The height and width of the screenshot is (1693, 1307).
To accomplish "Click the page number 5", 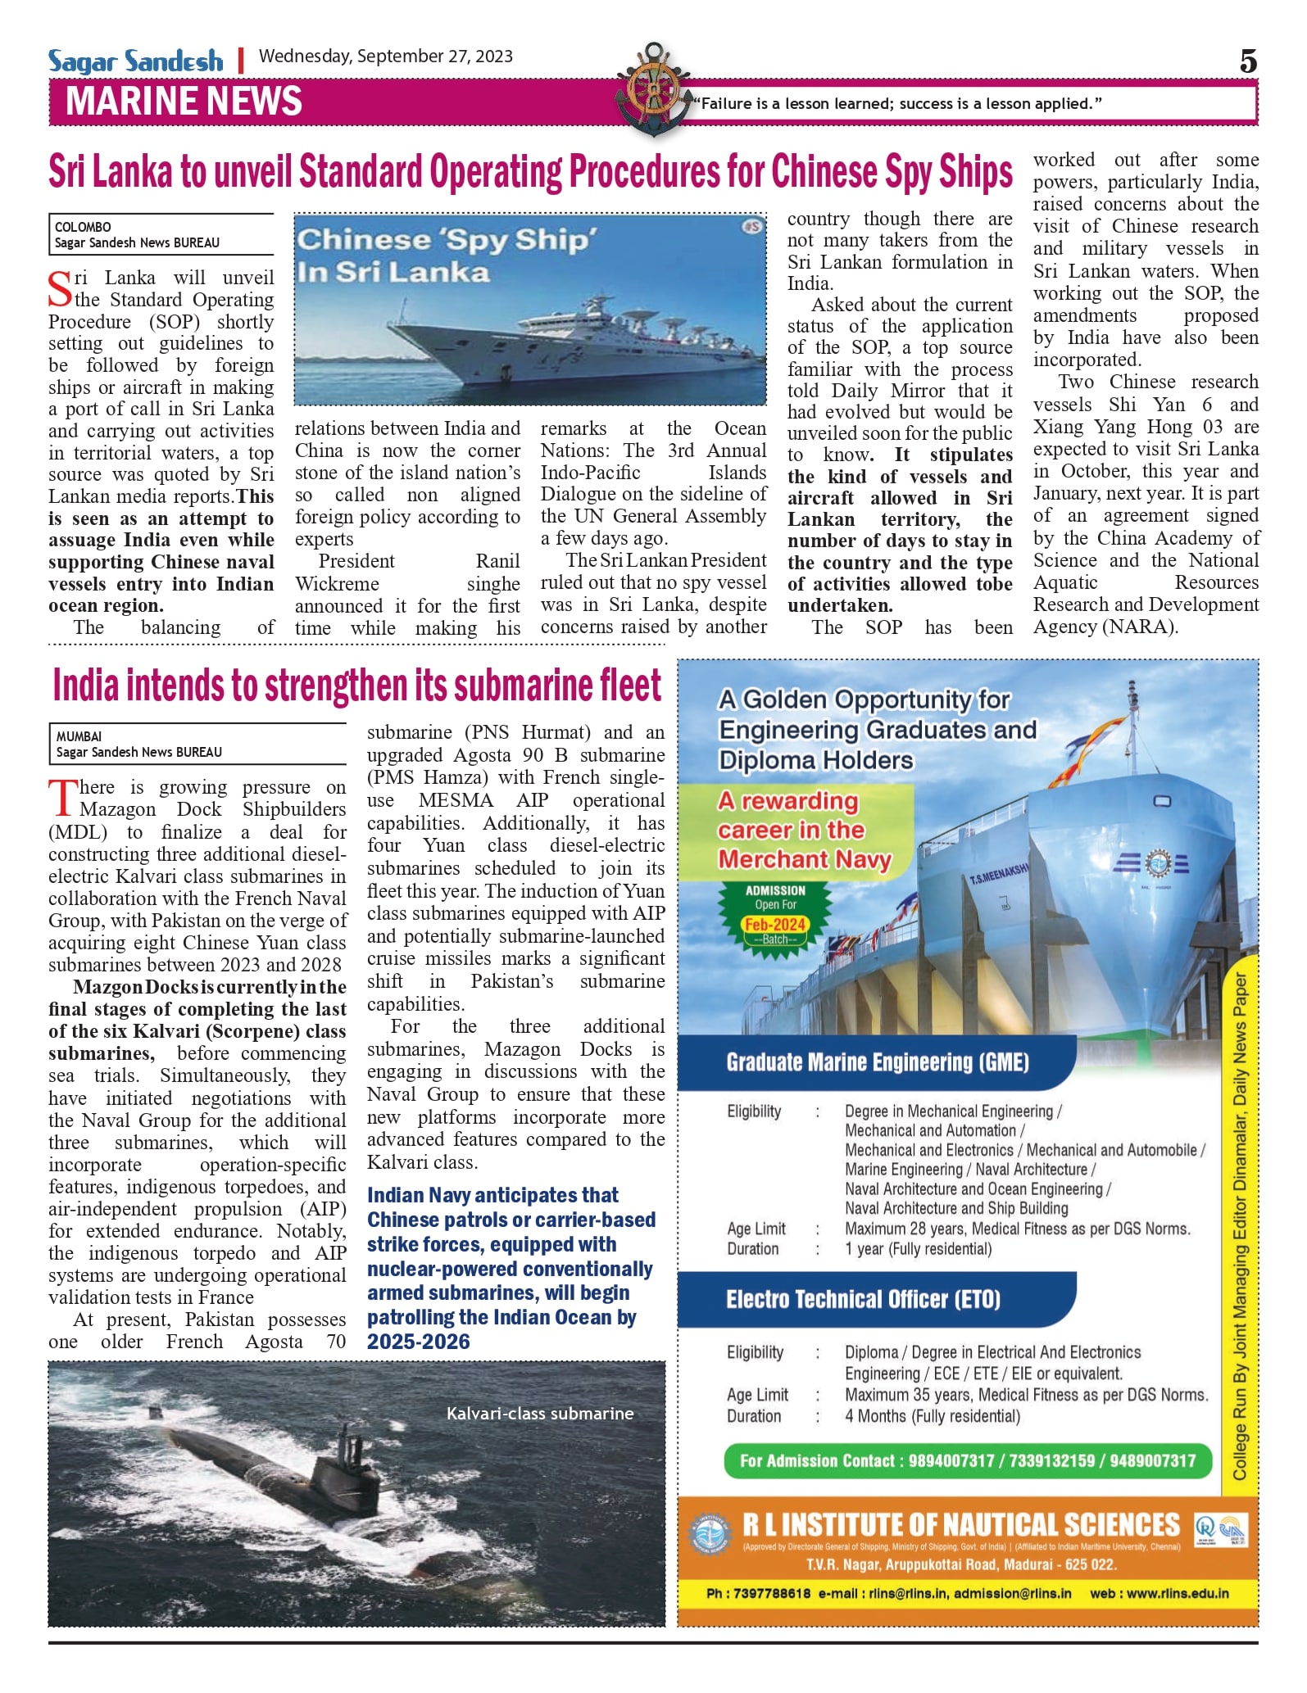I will pos(1247,61).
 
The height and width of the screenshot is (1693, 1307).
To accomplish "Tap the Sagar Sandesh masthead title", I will pos(135,61).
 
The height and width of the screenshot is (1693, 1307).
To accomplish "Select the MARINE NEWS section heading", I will pos(184,102).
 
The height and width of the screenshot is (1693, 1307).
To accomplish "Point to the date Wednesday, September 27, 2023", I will pos(385,57).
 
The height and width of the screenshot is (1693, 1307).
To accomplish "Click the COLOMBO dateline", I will pos(83,227).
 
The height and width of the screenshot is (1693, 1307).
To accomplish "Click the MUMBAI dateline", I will pos(79,736).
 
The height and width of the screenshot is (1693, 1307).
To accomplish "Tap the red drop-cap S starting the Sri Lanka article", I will pos(61,288).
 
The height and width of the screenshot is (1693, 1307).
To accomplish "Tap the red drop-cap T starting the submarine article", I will pos(62,798).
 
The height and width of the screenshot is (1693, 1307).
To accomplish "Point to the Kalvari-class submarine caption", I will pos(539,1414).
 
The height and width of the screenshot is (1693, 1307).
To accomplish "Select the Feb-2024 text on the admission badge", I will pos(774,925).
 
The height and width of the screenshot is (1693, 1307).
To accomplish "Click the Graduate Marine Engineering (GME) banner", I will pos(877,1062).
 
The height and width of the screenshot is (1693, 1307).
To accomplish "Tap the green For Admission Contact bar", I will pos(967,1461).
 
